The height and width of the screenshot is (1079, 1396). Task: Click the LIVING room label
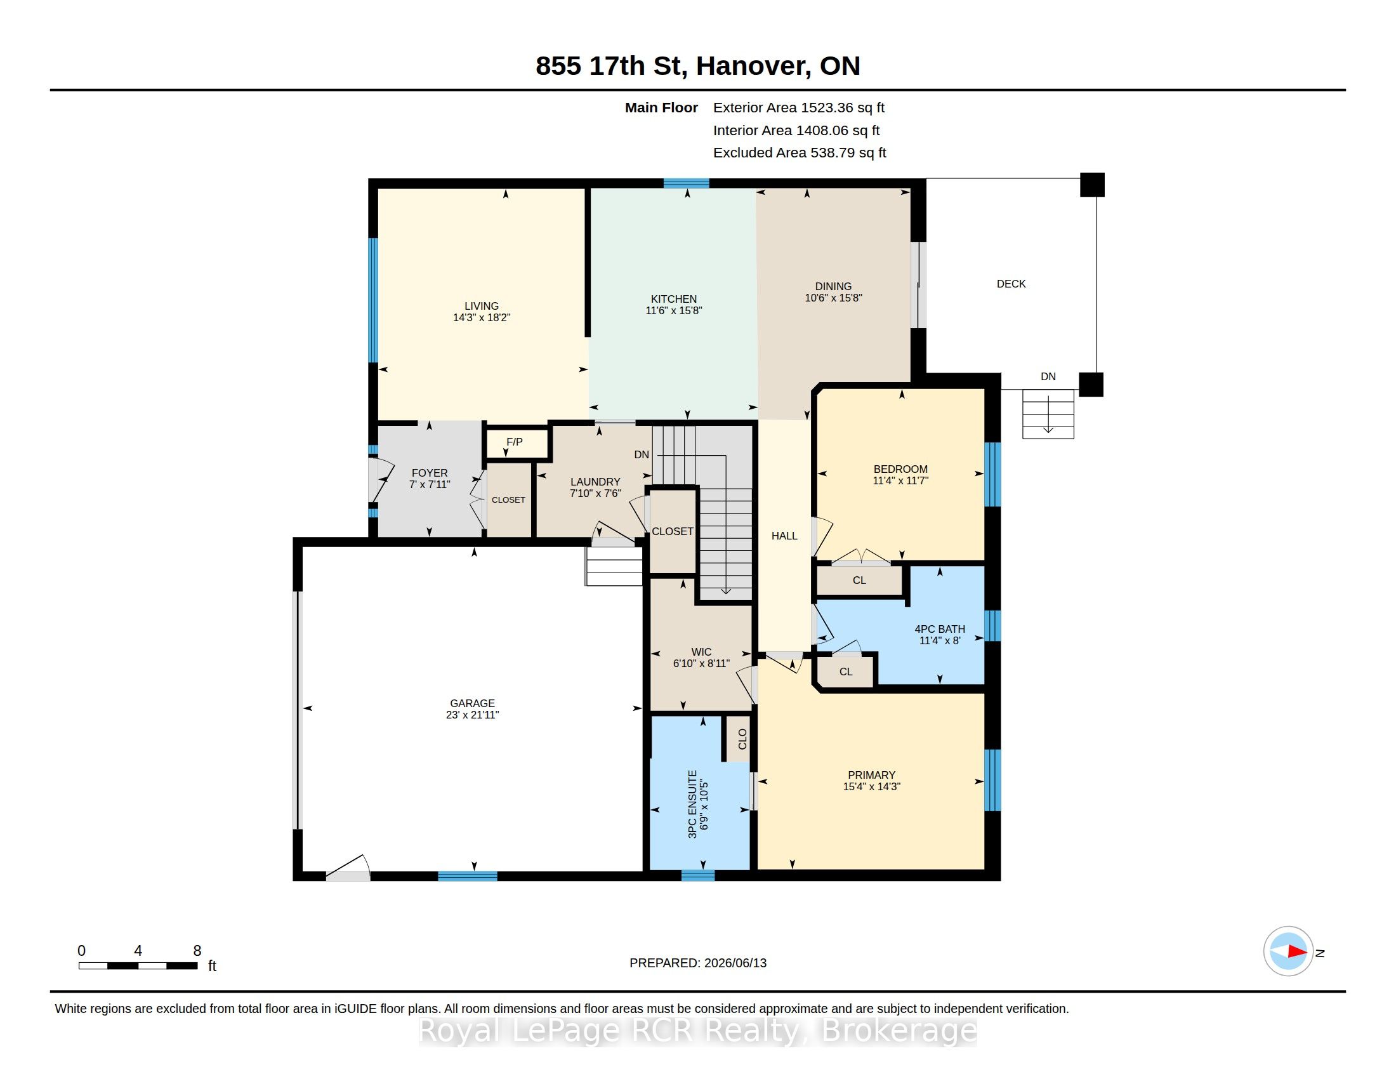coord(482,306)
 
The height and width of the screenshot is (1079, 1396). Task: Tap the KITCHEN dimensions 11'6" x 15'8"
coord(674,310)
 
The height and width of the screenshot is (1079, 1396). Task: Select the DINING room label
coord(833,286)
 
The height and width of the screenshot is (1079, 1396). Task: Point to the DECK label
coord(1011,284)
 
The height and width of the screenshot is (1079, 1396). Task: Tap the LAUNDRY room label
coord(595,482)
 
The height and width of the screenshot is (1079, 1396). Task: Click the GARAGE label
coord(472,703)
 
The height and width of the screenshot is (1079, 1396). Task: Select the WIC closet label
coord(701,652)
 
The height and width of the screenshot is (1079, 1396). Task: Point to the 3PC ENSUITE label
coord(692,804)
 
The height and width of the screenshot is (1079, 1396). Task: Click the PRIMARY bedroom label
coord(871,775)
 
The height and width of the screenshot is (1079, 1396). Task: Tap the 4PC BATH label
coord(940,629)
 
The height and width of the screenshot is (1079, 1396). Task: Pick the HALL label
coord(784,536)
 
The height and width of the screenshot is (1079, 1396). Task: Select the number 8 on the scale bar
coord(197,951)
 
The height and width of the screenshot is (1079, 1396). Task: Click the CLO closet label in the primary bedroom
coord(742,739)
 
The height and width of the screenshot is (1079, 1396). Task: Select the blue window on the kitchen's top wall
coord(686,183)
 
